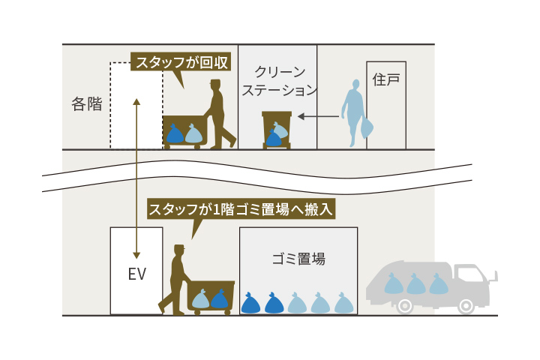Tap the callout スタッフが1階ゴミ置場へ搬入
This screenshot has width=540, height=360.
click(240, 209)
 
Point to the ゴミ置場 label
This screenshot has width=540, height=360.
click(298, 259)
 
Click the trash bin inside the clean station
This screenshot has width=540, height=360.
click(277, 129)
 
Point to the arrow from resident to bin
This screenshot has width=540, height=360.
click(317, 116)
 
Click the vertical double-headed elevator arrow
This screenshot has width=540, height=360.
click(136, 176)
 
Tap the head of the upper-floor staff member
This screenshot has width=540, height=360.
click(215, 85)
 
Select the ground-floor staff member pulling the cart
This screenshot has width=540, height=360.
click(175, 277)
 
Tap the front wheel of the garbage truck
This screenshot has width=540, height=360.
click(466, 305)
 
